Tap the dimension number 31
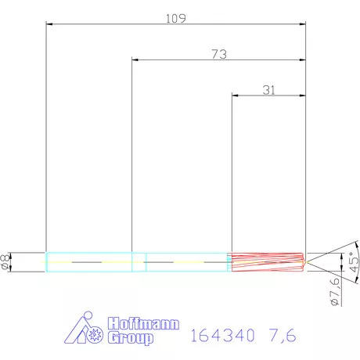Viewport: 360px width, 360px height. (x=268, y=90)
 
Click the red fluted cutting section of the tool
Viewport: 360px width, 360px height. (x=266, y=261)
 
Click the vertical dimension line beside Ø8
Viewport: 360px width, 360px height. (x=20, y=261)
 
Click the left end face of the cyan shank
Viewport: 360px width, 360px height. (x=46, y=261)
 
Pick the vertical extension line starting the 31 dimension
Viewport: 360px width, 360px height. (x=231, y=172)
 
